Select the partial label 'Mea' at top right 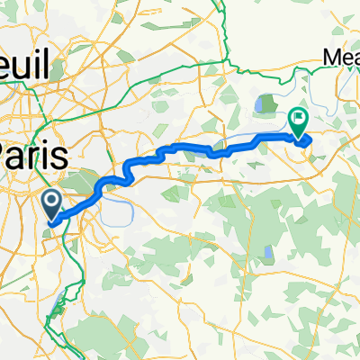pos(342,57)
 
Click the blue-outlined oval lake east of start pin pos(118,210)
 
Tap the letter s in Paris pos(60,155)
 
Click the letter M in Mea pos(330,57)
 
